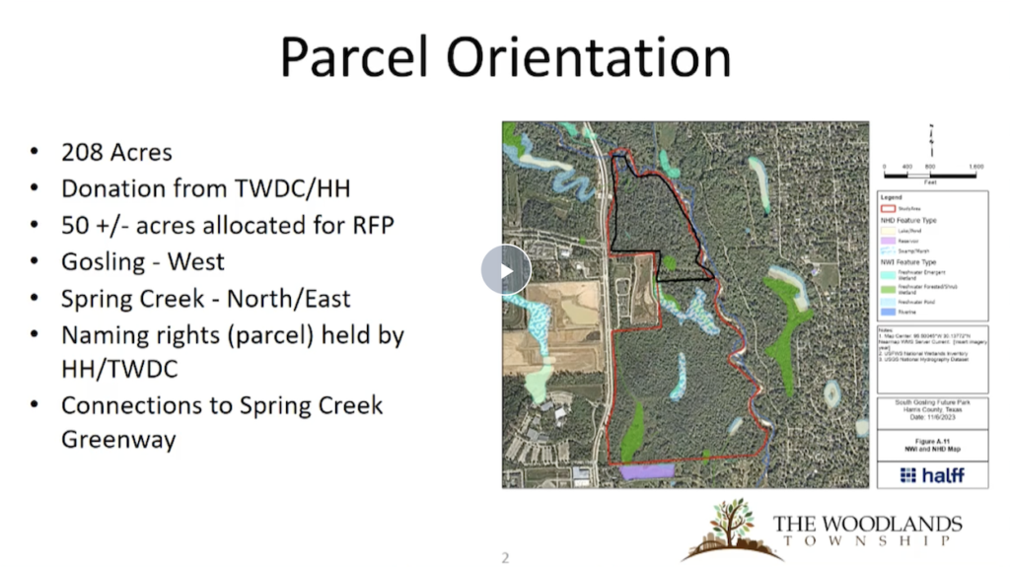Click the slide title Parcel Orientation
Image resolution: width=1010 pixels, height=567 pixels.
click(x=505, y=57)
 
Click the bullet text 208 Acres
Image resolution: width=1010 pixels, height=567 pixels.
click(x=116, y=152)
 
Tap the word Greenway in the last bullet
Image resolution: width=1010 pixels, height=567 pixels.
click(x=118, y=439)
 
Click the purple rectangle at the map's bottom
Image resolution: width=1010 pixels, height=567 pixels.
click(x=646, y=472)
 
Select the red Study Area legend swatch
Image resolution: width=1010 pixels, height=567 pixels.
click(x=887, y=209)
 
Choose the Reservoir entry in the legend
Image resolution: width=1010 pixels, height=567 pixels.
click(x=907, y=241)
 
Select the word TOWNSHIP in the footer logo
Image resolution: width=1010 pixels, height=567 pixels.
click(x=867, y=541)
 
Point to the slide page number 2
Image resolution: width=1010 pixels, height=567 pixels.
click(x=505, y=558)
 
